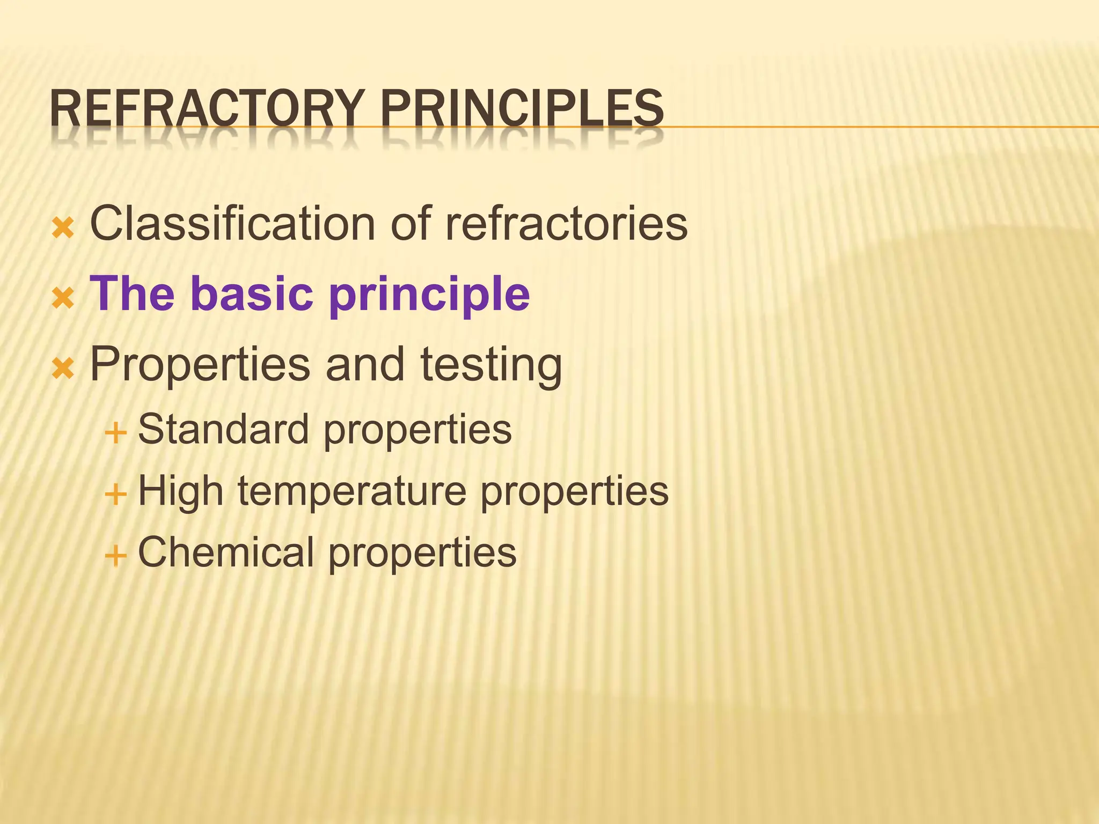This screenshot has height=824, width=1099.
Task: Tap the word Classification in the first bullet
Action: tap(232, 223)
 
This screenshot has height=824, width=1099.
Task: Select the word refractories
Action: tap(566, 223)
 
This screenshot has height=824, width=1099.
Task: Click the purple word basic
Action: tap(252, 293)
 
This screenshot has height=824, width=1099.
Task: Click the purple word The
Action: tap(132, 293)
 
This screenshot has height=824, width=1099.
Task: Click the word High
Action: tap(180, 492)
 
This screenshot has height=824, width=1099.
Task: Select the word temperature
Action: tap(352, 492)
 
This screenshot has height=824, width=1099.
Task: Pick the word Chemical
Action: tap(226, 552)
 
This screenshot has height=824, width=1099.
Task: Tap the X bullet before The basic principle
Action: tap(63, 298)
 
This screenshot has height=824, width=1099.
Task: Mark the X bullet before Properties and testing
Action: tap(63, 369)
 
